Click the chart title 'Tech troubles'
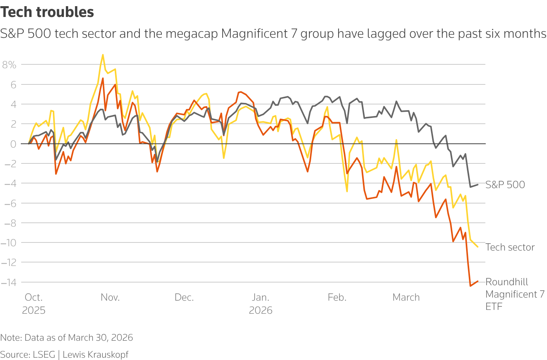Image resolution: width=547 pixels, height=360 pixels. coord(47,12)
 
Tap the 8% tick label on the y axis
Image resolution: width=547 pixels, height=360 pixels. coord(9,65)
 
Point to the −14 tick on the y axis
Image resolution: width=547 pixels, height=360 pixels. coord(8,283)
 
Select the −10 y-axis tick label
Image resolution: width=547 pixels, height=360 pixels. coord(8,243)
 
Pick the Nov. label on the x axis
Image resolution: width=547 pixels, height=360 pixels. coord(110,298)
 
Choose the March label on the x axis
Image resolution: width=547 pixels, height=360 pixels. coord(406,298)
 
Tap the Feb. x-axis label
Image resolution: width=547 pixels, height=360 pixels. coord(337,298)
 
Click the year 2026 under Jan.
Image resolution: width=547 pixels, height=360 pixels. coord(260,310)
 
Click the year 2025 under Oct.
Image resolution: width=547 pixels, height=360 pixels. coord(34,310)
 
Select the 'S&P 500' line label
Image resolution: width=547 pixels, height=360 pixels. coord(505,185)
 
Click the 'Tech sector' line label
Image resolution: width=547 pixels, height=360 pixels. coord(510,247)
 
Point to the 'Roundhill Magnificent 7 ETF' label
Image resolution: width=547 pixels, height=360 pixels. coord(515,294)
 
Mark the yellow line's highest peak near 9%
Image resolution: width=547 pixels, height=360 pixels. coord(102,55)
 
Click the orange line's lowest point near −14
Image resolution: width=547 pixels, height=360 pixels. coord(470,286)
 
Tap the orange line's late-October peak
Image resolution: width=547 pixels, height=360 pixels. coord(103,78)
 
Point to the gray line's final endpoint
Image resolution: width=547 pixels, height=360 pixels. coord(478,185)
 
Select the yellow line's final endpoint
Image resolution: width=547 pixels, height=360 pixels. coord(478,247)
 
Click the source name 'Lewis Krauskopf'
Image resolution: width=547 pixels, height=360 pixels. coord(95,355)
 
